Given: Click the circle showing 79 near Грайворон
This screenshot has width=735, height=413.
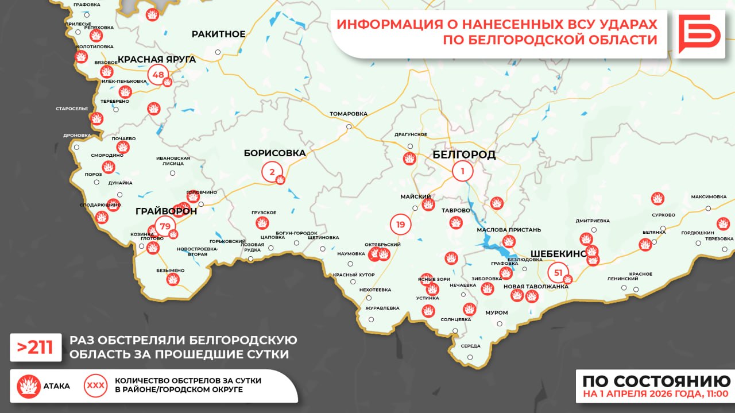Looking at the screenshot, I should [x=165, y=226].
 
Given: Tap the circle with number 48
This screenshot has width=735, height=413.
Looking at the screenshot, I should [x=158, y=75].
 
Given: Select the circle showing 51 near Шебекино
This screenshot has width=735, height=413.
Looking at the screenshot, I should [x=558, y=272].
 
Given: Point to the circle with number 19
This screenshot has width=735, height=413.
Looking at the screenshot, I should [x=400, y=225].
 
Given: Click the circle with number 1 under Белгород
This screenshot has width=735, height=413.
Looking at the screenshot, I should [x=462, y=171].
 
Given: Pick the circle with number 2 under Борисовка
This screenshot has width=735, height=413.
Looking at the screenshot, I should [x=272, y=171].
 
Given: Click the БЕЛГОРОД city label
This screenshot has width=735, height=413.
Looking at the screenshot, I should [x=463, y=155].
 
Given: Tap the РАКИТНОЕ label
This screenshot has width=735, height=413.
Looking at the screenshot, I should [x=218, y=34].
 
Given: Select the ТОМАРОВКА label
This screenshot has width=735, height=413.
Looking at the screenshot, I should [x=348, y=114].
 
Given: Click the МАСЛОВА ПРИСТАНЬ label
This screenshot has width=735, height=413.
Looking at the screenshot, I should [x=509, y=230].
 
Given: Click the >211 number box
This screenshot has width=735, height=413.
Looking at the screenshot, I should [x=36, y=348].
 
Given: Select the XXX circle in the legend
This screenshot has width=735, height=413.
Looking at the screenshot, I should [x=95, y=385].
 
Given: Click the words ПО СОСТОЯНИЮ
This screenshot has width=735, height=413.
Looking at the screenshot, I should [x=656, y=381].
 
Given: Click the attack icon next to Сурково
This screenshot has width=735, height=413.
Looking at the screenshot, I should [x=657, y=199].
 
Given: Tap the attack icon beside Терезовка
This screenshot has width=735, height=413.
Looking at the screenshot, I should [x=723, y=224].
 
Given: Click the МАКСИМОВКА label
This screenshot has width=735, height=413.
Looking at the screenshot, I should [x=709, y=196].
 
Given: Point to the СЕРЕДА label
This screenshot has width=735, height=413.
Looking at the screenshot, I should [x=470, y=346].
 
